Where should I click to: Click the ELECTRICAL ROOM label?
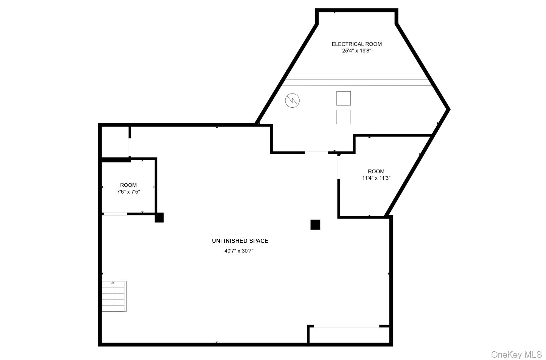click(357, 44)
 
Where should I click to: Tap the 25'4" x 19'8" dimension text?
click(357, 51)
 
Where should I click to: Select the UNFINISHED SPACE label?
click(240, 241)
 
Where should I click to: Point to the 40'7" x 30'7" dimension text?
click(239, 251)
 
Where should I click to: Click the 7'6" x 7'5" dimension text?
click(128, 192)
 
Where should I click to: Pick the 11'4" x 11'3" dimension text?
click(376, 178)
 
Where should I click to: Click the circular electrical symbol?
click(292, 101)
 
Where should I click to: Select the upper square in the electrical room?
click(343, 98)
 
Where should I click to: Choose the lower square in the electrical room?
click(343, 117)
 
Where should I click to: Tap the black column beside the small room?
click(159, 218)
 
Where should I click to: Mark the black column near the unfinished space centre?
click(315, 225)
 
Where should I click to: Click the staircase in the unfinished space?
click(114, 297)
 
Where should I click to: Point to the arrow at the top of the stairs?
click(113, 283)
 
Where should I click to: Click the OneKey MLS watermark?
click(516, 354)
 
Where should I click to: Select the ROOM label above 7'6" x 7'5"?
click(128, 185)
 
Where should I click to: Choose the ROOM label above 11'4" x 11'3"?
click(376, 171)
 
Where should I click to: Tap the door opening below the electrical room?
click(316, 153)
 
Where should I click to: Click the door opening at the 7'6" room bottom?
click(115, 214)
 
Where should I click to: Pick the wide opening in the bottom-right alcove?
click(347, 326)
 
